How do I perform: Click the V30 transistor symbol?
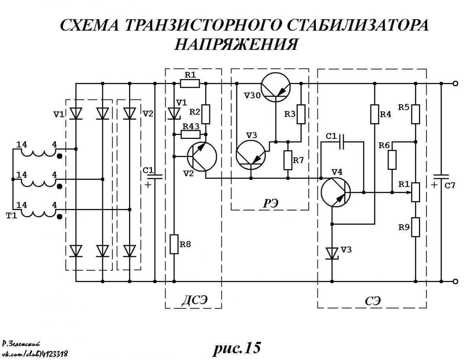coord(275,87)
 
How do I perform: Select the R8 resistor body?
coord(174,244)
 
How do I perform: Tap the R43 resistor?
coord(190,135)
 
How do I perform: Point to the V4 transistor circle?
coord(336,192)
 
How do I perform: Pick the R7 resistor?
coord(288,160)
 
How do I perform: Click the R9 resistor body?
coord(415,227)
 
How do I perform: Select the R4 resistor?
coord(374,114)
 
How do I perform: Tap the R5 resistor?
coord(415,114)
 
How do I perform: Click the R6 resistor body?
coord(392,160)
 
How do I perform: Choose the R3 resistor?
coord(301,114)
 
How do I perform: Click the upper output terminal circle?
coord(455,83)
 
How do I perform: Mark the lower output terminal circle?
coord(455,281)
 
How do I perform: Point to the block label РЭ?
coord(270,203)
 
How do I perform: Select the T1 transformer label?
coord(12,216)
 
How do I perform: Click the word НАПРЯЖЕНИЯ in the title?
coord(236,44)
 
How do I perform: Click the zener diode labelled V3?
coord(332,253)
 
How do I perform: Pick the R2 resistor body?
coord(206,114)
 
